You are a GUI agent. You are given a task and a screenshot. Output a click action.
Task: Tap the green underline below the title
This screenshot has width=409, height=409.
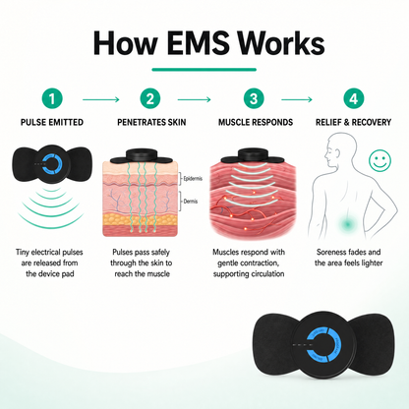pyautogui.click(x=204, y=70)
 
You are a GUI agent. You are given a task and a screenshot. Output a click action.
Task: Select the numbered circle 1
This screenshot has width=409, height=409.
pyautogui.click(x=52, y=98)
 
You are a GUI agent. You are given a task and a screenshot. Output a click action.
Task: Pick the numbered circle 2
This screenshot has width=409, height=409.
pyautogui.click(x=150, y=98)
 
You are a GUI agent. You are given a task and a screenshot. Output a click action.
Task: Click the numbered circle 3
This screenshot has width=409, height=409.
pyautogui.click(x=254, y=98)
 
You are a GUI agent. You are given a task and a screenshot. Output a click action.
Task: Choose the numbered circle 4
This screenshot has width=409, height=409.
pyautogui.click(x=354, y=98)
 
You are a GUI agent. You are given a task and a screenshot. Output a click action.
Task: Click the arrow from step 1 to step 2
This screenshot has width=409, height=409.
pyautogui.click(x=101, y=99)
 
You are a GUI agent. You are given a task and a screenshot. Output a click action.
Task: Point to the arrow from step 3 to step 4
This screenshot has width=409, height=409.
pyautogui.click(x=297, y=99)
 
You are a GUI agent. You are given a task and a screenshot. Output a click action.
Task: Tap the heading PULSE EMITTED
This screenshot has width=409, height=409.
pyautogui.click(x=52, y=122)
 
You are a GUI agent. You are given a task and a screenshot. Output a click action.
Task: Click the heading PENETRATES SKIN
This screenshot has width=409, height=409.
pyautogui.click(x=151, y=122)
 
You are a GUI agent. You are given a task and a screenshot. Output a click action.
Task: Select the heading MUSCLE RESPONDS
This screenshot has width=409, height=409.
pyautogui.click(x=256, y=122)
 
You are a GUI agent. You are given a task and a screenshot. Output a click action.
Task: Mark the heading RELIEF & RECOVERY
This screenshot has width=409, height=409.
pyautogui.click(x=353, y=122)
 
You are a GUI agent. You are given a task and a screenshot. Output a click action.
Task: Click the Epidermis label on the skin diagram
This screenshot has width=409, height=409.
pyautogui.click(x=193, y=179)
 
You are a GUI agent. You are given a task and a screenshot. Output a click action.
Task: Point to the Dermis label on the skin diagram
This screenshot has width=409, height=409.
pyautogui.click(x=191, y=202)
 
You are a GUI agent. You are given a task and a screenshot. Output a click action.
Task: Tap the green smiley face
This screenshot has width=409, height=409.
pyautogui.click(x=380, y=160)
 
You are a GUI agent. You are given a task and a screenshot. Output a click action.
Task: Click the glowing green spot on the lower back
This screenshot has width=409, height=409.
pyautogui.click(x=348, y=224)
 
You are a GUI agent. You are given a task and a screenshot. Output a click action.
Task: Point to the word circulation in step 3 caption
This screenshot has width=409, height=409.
pyautogui.click(x=265, y=273)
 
